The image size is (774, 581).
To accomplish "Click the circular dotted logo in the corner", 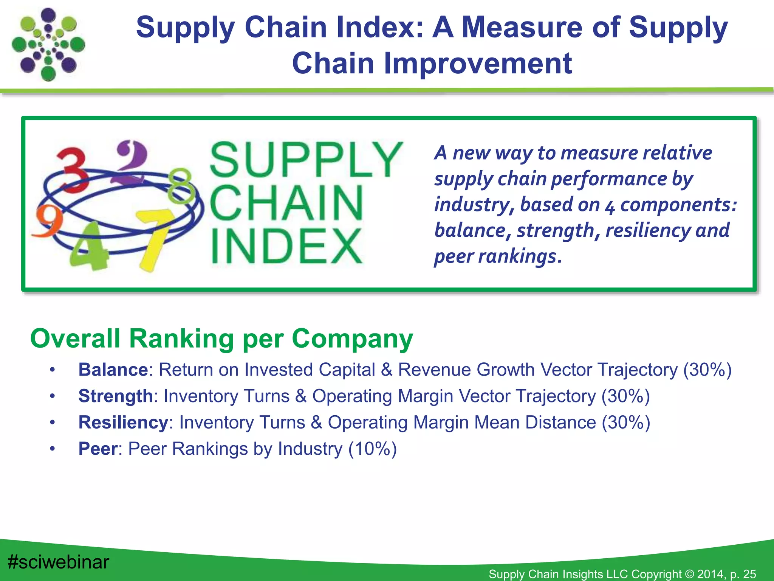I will point(48,45).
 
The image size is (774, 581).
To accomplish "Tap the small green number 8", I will point(181,185).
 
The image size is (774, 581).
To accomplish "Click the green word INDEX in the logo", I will point(286,247).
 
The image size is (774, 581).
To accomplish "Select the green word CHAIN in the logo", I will point(286,203).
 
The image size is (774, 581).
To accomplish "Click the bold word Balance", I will point(113,370).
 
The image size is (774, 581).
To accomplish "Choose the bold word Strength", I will point(115,396).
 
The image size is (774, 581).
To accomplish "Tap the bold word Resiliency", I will point(123,422).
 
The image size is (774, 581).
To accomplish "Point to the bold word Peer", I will point(98,449).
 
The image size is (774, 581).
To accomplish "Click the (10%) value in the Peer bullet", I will point(372,449).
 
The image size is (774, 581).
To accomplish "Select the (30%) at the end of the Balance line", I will point(707,370).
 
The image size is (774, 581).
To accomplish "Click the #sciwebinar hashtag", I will point(59,562).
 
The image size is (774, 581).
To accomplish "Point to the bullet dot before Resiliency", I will point(53,423).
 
